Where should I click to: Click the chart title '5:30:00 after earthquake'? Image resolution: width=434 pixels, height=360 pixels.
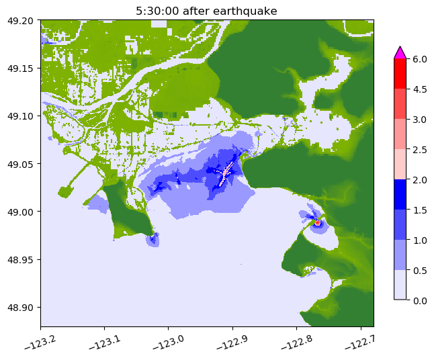[x=207, y=11]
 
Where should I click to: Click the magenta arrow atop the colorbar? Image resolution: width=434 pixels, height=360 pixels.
[x=400, y=52]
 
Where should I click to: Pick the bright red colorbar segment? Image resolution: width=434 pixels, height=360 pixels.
[x=400, y=73]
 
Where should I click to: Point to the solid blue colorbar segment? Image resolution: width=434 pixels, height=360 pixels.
[x=400, y=194]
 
